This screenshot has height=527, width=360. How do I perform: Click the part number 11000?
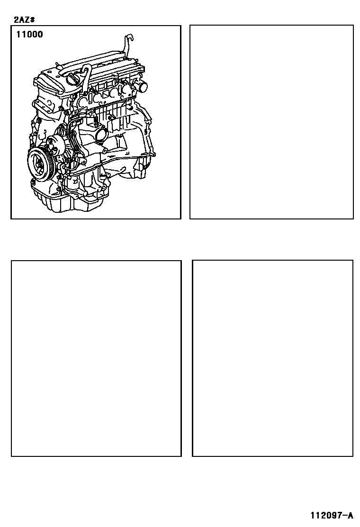[x=30, y=34]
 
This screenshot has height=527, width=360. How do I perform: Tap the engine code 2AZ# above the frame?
[x=24, y=19]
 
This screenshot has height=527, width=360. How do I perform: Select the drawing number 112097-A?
[x=332, y=515]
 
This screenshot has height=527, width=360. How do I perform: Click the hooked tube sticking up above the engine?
[x=128, y=44]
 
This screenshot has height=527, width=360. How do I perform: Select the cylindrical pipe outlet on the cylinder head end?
[x=142, y=87]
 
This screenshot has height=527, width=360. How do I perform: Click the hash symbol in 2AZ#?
[x=32, y=19]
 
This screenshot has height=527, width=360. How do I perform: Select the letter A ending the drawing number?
[x=351, y=515]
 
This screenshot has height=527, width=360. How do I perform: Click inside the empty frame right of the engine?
[x=271, y=122]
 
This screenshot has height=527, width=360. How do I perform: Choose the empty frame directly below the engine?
[x=96, y=358]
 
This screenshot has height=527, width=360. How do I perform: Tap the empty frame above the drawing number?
[x=272, y=358]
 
